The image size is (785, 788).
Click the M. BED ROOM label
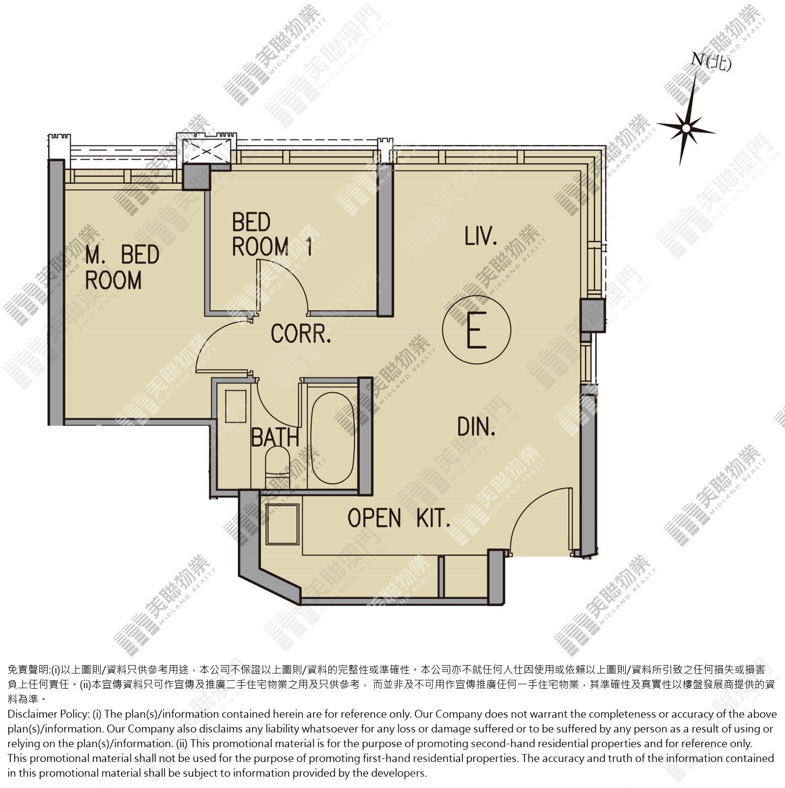coord(122,267)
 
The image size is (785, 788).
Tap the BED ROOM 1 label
coord(272,234)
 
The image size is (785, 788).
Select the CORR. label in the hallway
coord(301,334)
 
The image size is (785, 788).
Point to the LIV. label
coord(481,235)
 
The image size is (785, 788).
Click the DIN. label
coord(476,427)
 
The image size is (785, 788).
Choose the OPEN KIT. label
coord(399,518)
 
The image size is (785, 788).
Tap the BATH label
coord(275,437)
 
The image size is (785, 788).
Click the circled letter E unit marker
coord(476,329)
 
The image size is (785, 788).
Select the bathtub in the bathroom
coord(333,437)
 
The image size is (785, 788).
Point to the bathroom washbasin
coord(235,406)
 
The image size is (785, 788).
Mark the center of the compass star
coord(686,129)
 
